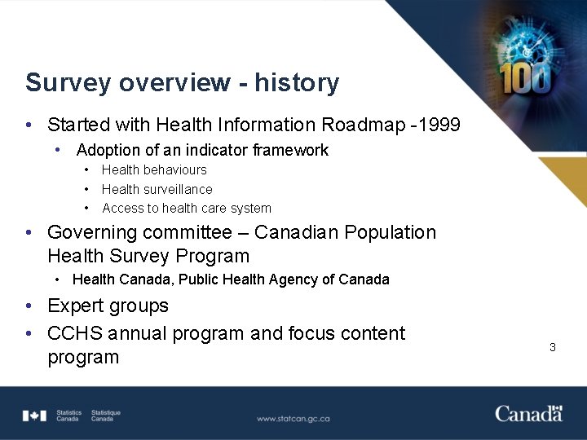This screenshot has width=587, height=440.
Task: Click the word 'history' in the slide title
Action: tap(297, 82)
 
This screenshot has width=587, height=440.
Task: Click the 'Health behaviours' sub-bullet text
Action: tap(154, 169)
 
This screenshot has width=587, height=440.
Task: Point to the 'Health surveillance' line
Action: tap(157, 189)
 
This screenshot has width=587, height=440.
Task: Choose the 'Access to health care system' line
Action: tap(186, 208)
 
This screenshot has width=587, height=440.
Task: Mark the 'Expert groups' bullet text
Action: tap(108, 306)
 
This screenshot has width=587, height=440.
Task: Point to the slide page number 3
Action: tap(552, 347)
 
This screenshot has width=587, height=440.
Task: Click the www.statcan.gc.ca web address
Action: tap(293, 418)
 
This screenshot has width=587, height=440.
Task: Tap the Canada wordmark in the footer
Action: tap(528, 413)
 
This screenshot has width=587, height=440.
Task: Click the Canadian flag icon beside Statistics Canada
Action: tap(35, 416)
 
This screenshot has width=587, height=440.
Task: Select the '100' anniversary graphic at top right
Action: tap(525, 77)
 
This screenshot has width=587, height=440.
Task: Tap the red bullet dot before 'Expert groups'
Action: tap(29, 306)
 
